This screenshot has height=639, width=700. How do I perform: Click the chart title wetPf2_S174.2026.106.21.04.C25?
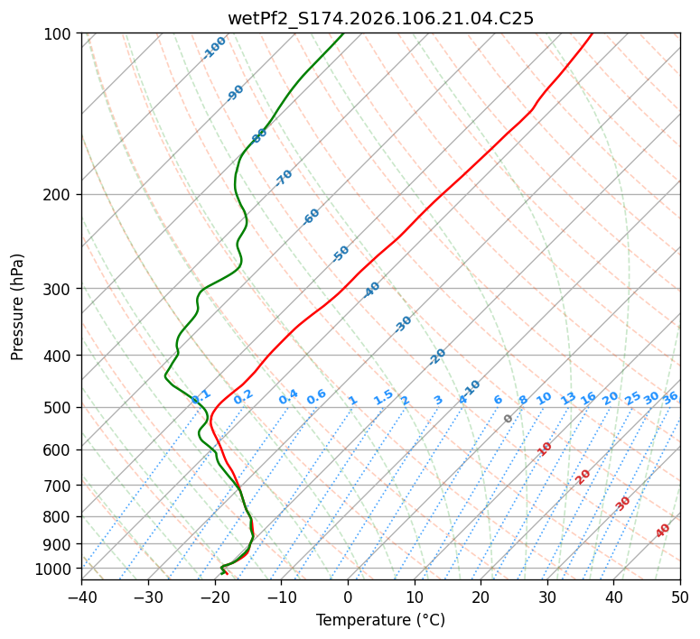tap(380, 18)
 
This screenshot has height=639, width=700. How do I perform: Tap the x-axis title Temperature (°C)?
tap(380, 621)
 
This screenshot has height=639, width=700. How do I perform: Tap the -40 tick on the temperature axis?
tap(81, 597)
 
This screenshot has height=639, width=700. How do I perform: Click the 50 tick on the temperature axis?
tap(680, 597)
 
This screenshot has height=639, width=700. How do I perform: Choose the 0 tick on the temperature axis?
tap(348, 597)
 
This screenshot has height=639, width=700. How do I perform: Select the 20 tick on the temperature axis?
tap(481, 597)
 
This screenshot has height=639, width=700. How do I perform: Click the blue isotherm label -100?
tap(214, 48)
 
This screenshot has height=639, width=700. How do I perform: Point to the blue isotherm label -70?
tap(284, 178)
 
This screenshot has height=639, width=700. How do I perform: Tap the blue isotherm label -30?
tap(403, 324)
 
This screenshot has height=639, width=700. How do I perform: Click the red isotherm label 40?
tap(663, 531)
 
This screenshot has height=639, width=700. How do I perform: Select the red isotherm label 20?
tap(583, 476)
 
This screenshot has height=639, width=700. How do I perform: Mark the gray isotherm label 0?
tap(509, 419)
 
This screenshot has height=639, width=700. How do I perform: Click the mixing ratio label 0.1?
tap(201, 396)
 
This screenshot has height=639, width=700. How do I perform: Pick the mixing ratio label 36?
tap(670, 397)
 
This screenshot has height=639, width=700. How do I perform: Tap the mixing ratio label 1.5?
tap(384, 396)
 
